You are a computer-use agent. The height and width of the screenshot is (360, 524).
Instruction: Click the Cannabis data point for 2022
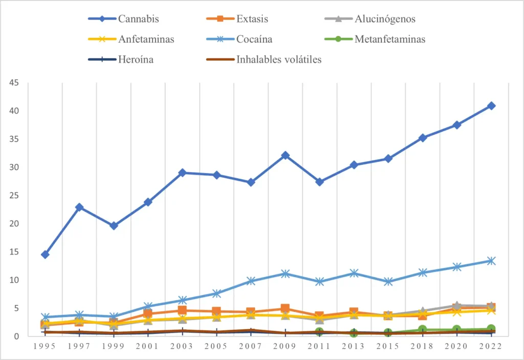(491, 105)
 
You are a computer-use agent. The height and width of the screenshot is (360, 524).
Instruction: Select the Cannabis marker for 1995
(45, 255)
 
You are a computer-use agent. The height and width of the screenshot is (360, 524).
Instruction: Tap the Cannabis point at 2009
(285, 155)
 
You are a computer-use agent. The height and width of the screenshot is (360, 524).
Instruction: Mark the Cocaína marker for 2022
(491, 261)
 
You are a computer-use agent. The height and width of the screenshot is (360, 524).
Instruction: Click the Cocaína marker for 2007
(251, 281)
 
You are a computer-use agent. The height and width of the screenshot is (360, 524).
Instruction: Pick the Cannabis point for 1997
(79, 207)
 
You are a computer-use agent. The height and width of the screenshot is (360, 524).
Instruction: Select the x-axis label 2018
(422, 347)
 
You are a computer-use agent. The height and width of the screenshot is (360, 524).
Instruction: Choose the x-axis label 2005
(216, 347)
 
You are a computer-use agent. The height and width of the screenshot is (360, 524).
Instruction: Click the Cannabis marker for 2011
(319, 182)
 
